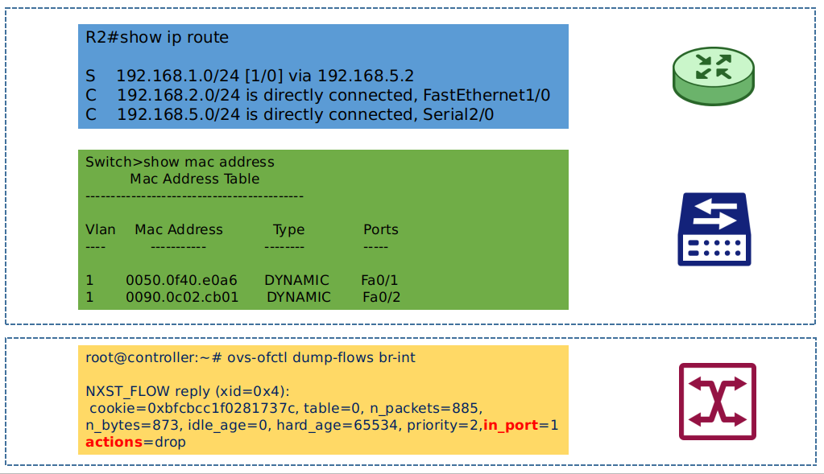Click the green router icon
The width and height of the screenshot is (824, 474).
click(713, 76)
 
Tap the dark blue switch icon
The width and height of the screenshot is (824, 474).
click(714, 229)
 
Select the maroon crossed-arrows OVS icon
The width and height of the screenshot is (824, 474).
click(718, 402)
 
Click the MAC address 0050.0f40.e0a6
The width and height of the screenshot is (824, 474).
click(181, 280)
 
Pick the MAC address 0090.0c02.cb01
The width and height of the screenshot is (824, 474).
click(182, 297)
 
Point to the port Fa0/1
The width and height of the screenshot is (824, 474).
click(379, 280)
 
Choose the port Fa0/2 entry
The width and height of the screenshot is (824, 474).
click(382, 297)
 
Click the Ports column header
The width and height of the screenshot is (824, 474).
click(381, 229)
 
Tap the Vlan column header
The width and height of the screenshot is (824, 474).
click(101, 229)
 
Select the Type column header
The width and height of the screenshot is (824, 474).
click(288, 230)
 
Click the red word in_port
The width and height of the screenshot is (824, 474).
click(511, 425)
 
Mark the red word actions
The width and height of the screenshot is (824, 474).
click(114, 442)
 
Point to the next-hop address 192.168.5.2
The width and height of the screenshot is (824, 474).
click(366, 76)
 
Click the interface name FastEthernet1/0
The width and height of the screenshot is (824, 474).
click(487, 95)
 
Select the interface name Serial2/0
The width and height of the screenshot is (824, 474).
click(458, 114)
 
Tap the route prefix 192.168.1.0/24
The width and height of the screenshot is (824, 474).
click(178, 76)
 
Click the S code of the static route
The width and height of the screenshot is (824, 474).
click(90, 76)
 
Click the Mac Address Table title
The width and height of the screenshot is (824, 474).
click(194, 179)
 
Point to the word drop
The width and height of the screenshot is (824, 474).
click(170, 443)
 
